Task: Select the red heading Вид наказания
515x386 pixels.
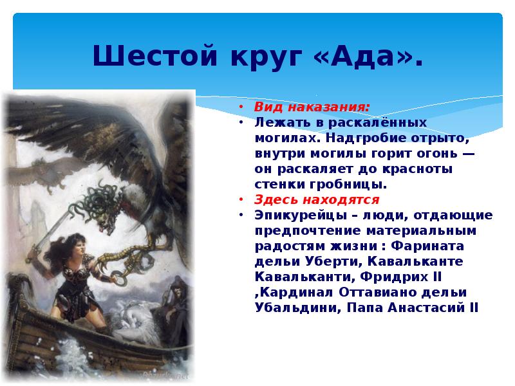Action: (312, 107)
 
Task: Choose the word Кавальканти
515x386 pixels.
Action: (294, 277)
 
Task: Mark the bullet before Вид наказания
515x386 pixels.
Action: (240, 107)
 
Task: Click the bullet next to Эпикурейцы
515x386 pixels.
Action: (240, 215)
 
